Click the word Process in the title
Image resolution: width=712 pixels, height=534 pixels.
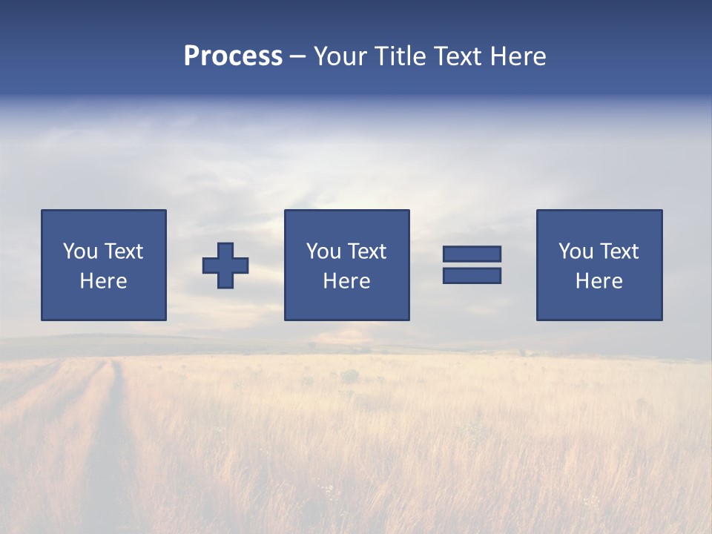click(x=233, y=56)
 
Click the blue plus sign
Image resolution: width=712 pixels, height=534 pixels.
click(x=225, y=266)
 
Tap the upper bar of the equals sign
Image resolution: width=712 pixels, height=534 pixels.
click(x=472, y=254)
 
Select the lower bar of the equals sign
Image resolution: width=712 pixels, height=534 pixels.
click(x=472, y=276)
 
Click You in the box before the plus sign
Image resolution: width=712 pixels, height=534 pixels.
click(x=80, y=251)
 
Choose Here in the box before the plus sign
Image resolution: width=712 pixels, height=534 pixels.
click(x=103, y=281)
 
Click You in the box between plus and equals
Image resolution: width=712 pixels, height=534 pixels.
click(x=323, y=251)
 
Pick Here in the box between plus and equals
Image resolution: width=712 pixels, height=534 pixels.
click(x=346, y=281)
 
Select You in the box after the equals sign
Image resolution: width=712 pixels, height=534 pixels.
click(x=576, y=251)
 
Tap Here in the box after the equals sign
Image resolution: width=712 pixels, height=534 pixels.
click(x=599, y=281)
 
